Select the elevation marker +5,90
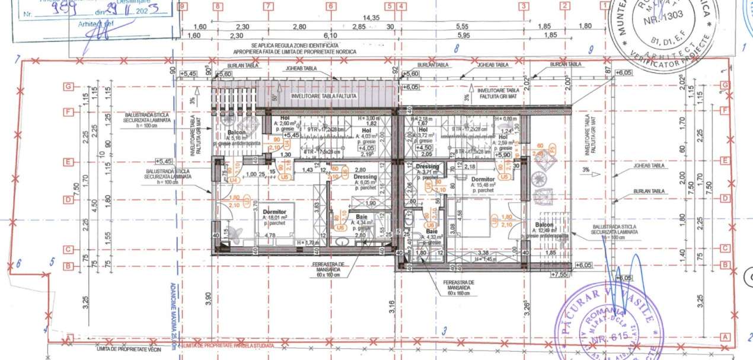[502, 154]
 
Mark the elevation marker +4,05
[365, 148]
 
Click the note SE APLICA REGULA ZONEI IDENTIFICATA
[295, 45]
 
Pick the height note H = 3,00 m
[370, 118]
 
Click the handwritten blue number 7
[18, 58]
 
